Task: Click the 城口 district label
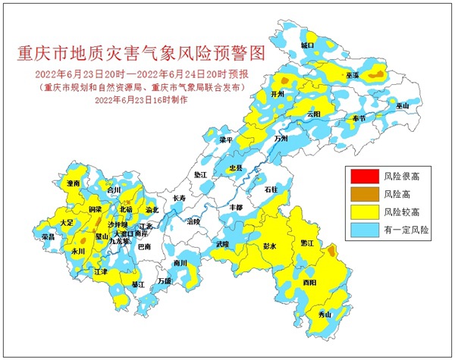pos(307,45)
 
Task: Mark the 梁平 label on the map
pos(226,140)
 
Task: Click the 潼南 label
pos(74,184)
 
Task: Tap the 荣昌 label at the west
pos(48,237)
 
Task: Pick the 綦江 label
pos(138,285)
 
